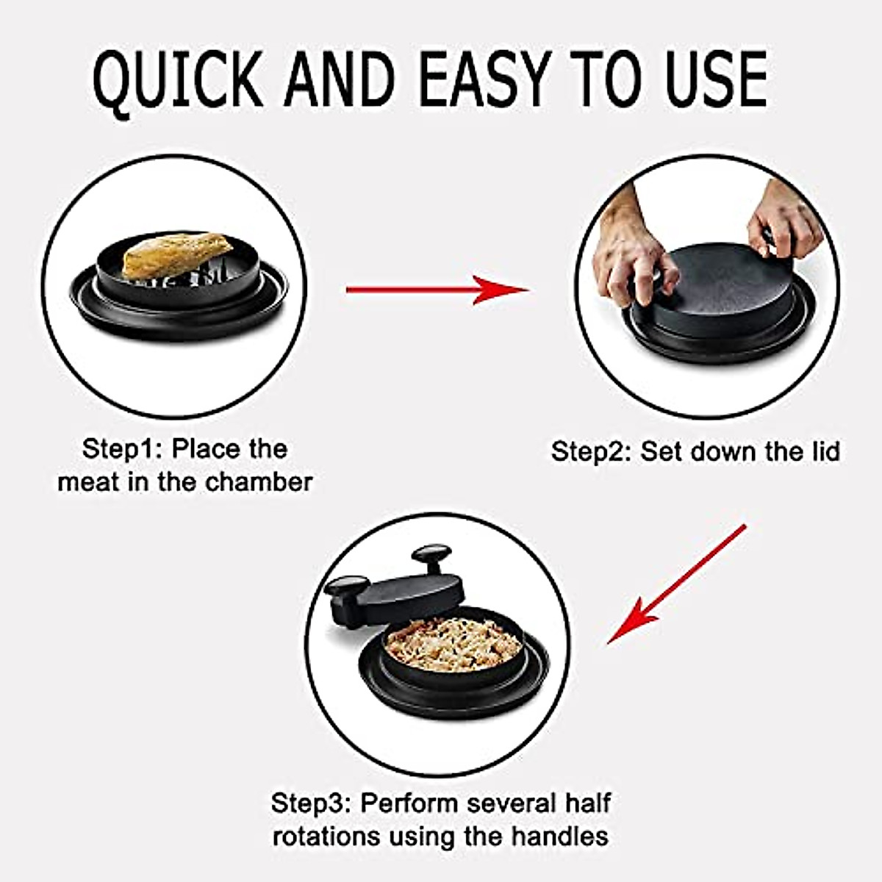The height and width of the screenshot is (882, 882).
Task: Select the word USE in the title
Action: (705, 79)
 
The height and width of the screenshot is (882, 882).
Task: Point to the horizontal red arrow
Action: (437, 290)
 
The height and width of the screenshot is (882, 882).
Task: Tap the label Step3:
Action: (311, 803)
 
